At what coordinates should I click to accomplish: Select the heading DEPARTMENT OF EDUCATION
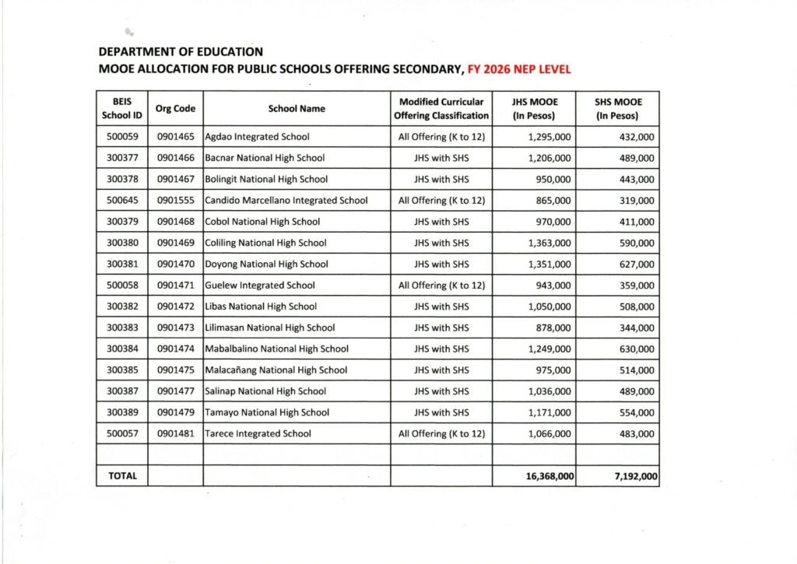coord(181,52)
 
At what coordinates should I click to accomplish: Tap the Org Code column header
coord(175,109)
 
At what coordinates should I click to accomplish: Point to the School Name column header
coord(297,109)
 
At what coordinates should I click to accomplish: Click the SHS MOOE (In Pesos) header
coord(617,109)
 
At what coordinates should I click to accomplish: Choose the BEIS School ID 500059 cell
coord(121,137)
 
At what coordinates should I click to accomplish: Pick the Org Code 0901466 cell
coord(175,158)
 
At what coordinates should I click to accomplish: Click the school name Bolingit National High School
coord(266,179)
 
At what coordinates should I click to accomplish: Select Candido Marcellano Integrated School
coord(286,200)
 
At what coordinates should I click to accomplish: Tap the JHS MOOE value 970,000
coord(549,222)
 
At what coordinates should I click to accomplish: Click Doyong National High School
coord(266,264)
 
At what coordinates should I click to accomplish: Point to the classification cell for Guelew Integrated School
coord(441,286)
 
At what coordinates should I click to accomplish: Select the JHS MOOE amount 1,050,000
coord(549,307)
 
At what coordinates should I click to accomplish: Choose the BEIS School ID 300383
coord(121,328)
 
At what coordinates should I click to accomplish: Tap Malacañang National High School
coord(276,370)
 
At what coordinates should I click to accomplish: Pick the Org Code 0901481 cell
coord(175,433)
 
